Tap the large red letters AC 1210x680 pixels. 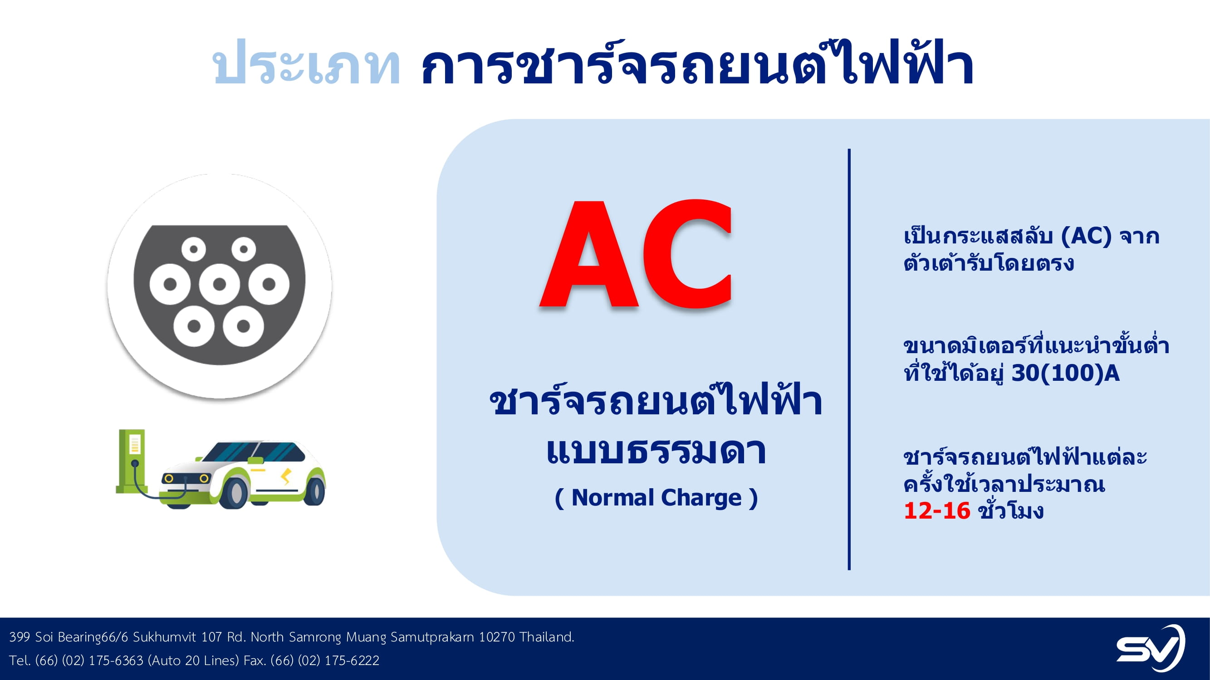(x=636, y=253)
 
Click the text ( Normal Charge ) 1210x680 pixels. (x=656, y=498)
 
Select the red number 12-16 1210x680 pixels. (x=936, y=510)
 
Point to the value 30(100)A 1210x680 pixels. (x=1065, y=374)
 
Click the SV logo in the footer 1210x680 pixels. (x=1151, y=648)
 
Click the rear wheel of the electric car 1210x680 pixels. (x=314, y=490)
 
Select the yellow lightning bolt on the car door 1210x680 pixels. (x=285, y=476)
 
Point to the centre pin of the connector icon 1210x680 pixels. (x=219, y=284)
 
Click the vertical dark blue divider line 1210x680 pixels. (x=849, y=359)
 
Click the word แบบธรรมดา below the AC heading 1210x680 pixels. (x=656, y=451)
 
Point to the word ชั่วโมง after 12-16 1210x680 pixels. (x=1011, y=510)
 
